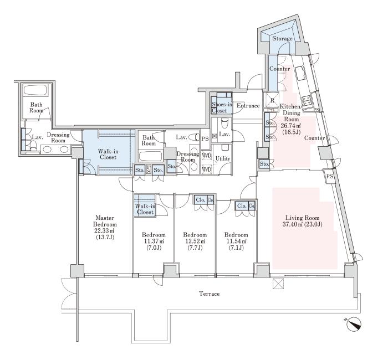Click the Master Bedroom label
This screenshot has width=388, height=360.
pyautogui.click(x=105, y=222)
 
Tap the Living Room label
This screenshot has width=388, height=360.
pyautogui.click(x=303, y=218)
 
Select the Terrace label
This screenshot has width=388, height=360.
pyautogui.click(x=210, y=294)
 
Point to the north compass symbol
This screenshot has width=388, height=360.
pyautogui.click(x=354, y=324)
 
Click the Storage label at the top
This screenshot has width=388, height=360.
pyautogui.click(x=282, y=39)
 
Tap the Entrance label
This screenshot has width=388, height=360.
pyautogui.click(x=248, y=106)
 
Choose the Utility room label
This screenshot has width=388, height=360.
pyautogui.click(x=223, y=158)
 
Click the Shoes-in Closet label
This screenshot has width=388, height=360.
pyautogui.click(x=222, y=107)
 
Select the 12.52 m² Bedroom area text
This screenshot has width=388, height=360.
pyautogui.click(x=195, y=241)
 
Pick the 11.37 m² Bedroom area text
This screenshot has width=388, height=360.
pyautogui.click(x=154, y=241)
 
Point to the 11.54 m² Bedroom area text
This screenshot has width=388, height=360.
pyautogui.click(x=236, y=241)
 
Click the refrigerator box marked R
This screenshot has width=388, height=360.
pyautogui.click(x=272, y=100)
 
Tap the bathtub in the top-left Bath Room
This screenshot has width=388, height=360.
pyautogui.click(x=35, y=91)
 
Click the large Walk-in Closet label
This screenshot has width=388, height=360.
pyautogui.click(x=108, y=154)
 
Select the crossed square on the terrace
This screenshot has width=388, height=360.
pyautogui.click(x=278, y=284)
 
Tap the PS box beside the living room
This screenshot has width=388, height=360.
pyautogui.click(x=329, y=176)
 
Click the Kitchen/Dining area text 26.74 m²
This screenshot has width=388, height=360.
pyautogui.click(x=291, y=126)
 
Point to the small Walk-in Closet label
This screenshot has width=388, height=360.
pyautogui.click(x=145, y=209)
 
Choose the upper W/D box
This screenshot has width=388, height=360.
pyautogui.click(x=206, y=156)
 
